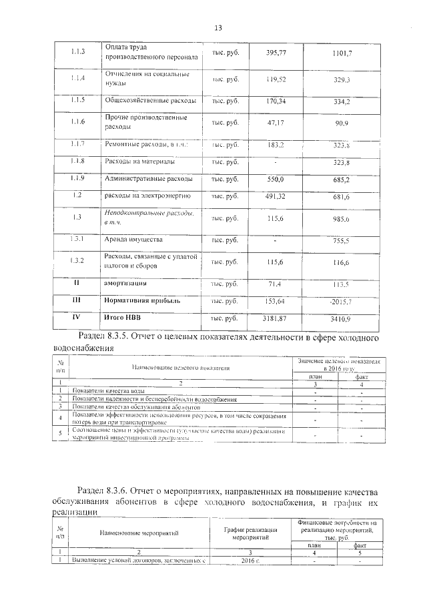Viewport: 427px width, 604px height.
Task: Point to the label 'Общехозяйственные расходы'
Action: [x=150, y=101]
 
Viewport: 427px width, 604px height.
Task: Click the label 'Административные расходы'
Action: [x=149, y=179]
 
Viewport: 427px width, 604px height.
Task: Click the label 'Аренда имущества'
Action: [x=133, y=239]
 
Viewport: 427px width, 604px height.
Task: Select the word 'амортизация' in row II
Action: [x=128, y=284]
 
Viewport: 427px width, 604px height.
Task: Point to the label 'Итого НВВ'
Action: [x=124, y=318]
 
